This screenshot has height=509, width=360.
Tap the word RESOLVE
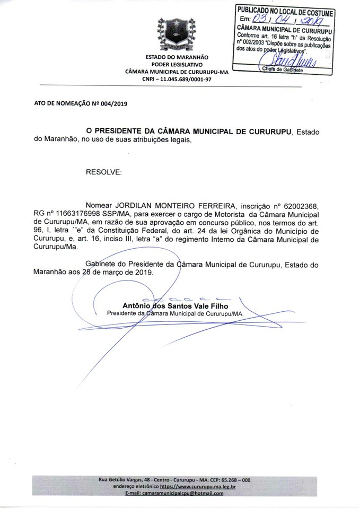point(103,173)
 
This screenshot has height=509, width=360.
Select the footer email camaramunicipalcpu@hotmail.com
point(174,493)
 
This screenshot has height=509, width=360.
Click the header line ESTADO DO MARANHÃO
point(177,57)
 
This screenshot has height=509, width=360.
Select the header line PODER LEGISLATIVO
point(177,64)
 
